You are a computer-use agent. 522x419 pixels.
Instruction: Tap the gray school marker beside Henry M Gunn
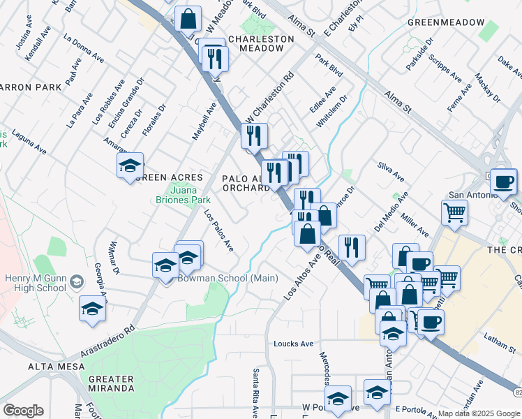click(x=77, y=281)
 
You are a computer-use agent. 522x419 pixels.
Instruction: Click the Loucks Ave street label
click(x=294, y=344)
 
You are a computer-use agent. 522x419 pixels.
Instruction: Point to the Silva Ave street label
click(x=391, y=172)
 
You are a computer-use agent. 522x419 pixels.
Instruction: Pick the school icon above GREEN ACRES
click(x=130, y=166)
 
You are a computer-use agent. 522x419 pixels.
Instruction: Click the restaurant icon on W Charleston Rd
click(x=255, y=135)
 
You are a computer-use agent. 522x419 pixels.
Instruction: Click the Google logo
click(x=23, y=411)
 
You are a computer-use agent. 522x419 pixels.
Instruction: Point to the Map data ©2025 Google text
click(x=478, y=413)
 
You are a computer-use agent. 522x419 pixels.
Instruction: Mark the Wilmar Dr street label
click(x=114, y=257)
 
